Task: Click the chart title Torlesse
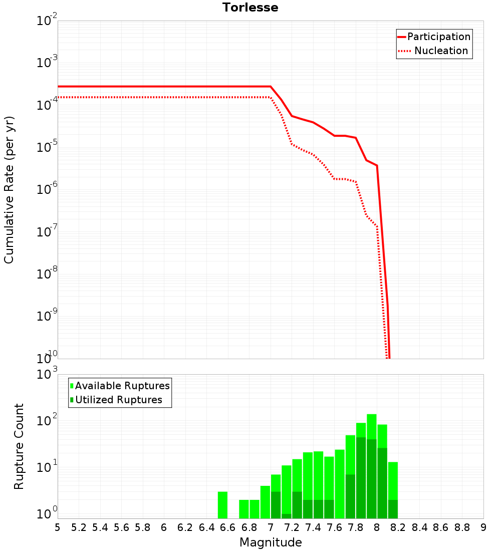coord(250,8)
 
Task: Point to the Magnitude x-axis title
coord(271,542)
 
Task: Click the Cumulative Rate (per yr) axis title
coord(9,189)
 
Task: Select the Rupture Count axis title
coord(19,446)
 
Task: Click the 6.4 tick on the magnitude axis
coord(206,527)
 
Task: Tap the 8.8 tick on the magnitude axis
coord(462,527)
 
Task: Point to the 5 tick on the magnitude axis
coord(58,527)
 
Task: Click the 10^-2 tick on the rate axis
coord(47,21)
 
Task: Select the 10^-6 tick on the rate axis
coord(47,190)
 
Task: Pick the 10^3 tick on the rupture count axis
coord(47,374)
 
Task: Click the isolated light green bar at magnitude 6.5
coord(222,505)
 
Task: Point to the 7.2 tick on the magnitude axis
coord(292,527)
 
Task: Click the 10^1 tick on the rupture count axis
coord(47,467)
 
